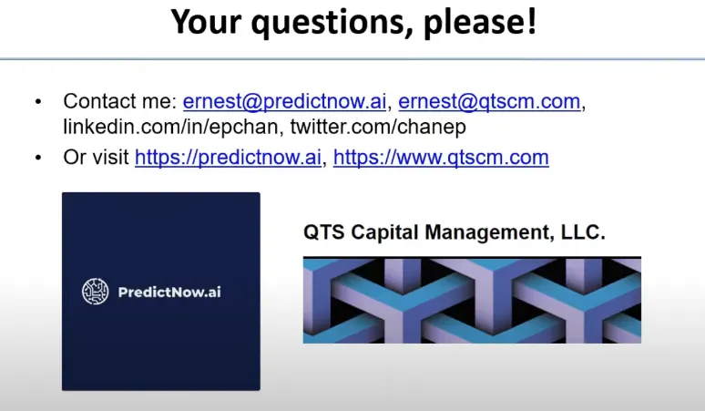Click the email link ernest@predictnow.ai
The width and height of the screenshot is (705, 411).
point(284,102)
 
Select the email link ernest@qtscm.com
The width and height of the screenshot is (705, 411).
point(489,102)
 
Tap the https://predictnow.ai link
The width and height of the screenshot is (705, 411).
point(228,158)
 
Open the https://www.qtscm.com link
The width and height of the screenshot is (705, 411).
point(441,158)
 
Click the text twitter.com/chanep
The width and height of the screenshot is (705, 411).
point(378,127)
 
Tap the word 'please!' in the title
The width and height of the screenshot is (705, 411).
point(480,23)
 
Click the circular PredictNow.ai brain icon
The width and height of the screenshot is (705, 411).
point(96,292)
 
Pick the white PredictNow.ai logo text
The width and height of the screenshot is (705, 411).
point(169,293)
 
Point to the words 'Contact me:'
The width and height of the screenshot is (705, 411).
point(120,101)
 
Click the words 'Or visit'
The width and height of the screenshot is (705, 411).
point(97,158)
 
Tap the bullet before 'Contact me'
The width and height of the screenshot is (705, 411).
point(38,102)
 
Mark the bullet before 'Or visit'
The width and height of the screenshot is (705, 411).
point(38,158)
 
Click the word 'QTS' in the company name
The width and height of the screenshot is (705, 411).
point(324,232)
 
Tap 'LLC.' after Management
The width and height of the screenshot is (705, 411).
point(583,232)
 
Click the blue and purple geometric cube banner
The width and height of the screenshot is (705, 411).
point(472,300)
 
